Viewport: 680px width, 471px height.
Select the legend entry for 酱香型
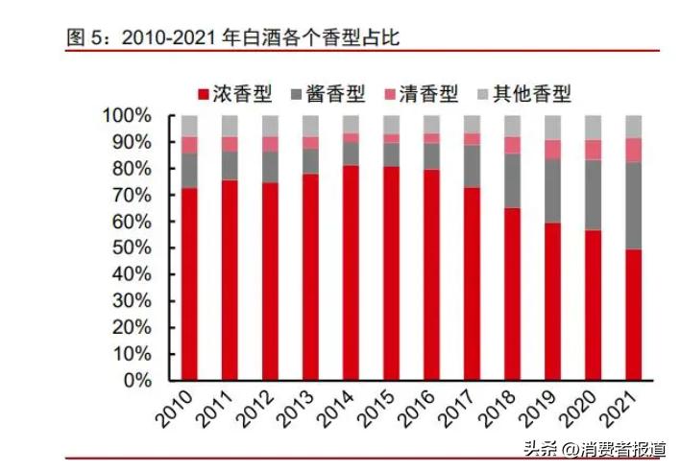[326, 93]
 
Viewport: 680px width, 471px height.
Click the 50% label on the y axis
[131, 247]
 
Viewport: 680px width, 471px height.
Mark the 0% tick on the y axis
[136, 380]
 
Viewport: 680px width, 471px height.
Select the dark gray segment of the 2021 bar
[633, 205]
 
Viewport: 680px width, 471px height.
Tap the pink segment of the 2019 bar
[552, 150]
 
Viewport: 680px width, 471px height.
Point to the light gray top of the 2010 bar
[189, 126]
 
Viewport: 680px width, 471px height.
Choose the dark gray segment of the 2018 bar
[512, 181]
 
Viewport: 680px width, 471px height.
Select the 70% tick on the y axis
[131, 195]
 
